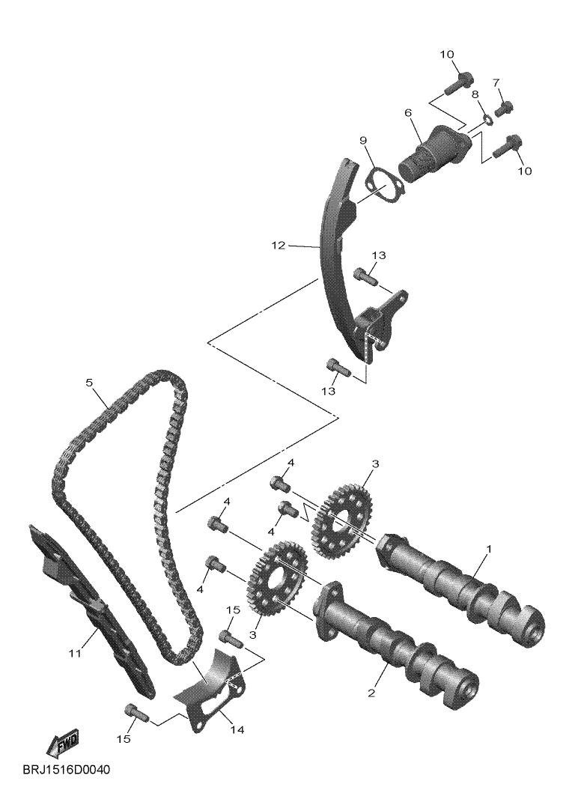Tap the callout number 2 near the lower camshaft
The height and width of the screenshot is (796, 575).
pos(371,693)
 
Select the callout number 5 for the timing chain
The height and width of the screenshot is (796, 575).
pos(89,383)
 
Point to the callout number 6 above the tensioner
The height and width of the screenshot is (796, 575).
pos(408,112)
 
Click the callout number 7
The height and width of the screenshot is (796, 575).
pos(496,82)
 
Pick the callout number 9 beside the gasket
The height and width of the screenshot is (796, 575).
pos(362,140)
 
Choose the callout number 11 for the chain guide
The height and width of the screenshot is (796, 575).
pos(74,654)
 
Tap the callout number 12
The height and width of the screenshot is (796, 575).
pos(279,245)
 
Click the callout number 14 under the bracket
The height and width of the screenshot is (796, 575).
pos(237,728)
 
